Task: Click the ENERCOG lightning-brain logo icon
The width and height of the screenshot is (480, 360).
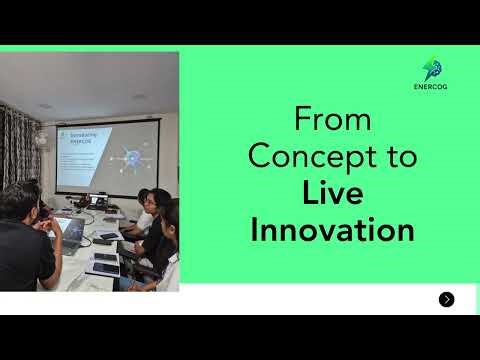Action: [432, 68]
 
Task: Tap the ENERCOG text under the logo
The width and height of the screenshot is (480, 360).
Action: [432, 87]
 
